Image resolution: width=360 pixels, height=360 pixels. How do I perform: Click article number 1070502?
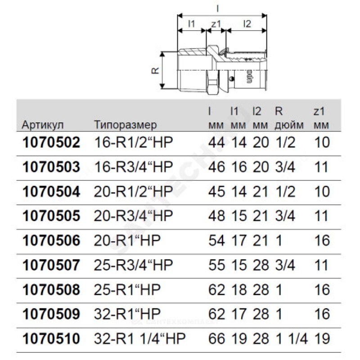pyautogui.click(x=51, y=143)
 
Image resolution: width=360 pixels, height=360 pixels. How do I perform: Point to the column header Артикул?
pyautogui.click(x=43, y=125)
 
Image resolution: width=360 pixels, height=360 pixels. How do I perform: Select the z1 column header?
pyautogui.click(x=321, y=118)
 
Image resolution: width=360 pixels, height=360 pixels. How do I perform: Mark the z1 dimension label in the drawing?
pyautogui.click(x=216, y=23)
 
